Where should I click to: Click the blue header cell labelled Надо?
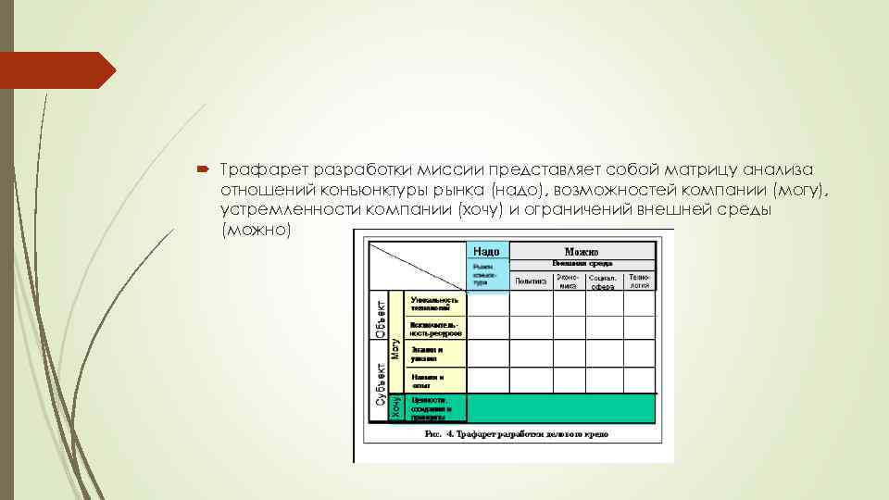(486, 251)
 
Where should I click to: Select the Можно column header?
(582, 251)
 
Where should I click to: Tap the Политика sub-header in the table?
(531, 281)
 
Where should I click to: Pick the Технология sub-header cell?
(640, 281)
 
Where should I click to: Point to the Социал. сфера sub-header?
(604, 281)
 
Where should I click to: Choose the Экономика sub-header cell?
(568, 281)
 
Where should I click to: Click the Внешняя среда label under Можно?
(582, 263)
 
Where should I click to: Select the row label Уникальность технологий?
(435, 304)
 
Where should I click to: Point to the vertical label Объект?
(380, 315)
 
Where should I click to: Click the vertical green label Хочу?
(396, 407)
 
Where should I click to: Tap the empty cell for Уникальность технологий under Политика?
(531, 304)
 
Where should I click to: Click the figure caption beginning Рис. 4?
(515, 432)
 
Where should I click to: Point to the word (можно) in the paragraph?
(257, 230)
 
